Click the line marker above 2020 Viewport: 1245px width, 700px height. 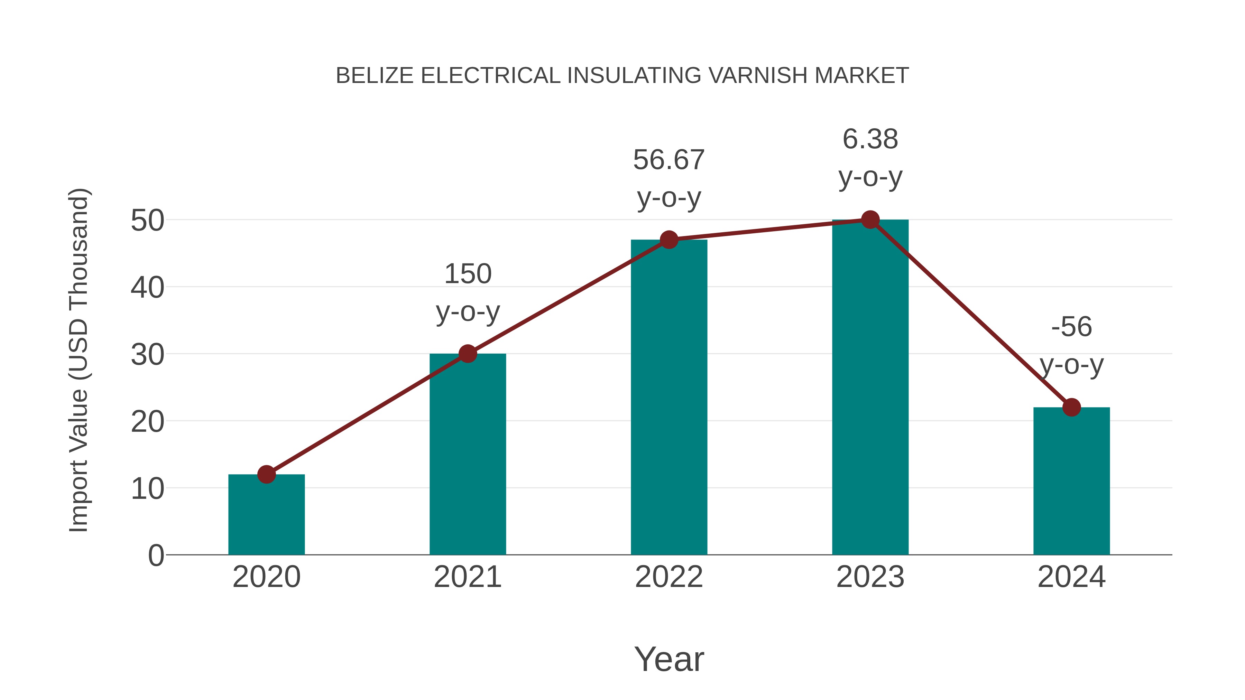pos(266,474)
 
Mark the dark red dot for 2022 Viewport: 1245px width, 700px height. pos(669,240)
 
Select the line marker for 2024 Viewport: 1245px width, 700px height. pos(1071,407)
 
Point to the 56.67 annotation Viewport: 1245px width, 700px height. pos(669,160)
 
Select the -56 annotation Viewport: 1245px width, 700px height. pos(1071,327)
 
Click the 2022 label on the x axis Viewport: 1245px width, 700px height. pos(669,577)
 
